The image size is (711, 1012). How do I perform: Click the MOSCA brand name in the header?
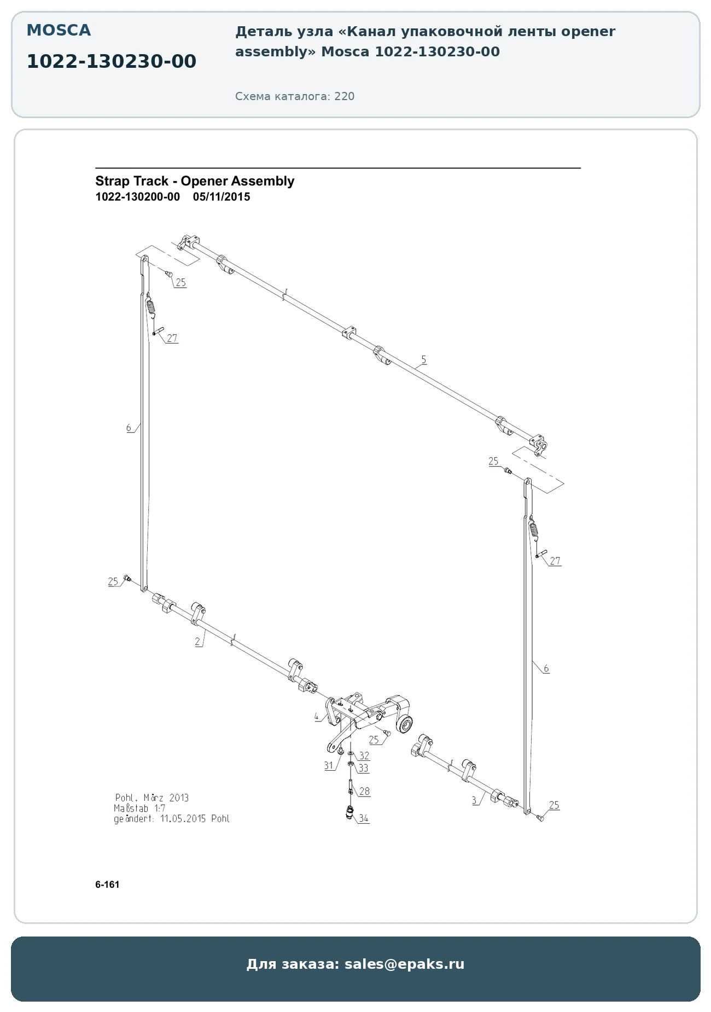59,30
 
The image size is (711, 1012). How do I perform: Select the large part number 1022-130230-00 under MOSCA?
112,61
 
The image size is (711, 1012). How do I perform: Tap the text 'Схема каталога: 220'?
295,96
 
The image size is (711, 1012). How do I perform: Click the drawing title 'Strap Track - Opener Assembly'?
195,181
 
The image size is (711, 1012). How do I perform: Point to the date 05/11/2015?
222,197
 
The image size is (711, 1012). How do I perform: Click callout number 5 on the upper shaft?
423,360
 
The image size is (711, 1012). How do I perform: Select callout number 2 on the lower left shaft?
197,642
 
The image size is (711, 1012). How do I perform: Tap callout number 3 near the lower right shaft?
474,800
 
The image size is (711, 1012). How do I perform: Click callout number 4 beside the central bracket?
316,716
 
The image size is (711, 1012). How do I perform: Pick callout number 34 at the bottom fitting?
364,818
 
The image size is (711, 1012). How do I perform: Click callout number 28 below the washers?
364,791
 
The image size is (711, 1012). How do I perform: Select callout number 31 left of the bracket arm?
329,766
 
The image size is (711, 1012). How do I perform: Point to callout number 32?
364,755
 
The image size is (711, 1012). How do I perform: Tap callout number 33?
364,768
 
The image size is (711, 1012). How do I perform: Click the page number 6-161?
107,885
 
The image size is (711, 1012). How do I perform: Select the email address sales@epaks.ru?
404,964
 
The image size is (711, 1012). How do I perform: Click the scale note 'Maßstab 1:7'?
139,808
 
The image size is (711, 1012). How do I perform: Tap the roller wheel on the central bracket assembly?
405,724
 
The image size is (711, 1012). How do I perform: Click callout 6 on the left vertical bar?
129,428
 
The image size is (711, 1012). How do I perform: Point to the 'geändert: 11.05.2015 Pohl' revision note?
172,819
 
